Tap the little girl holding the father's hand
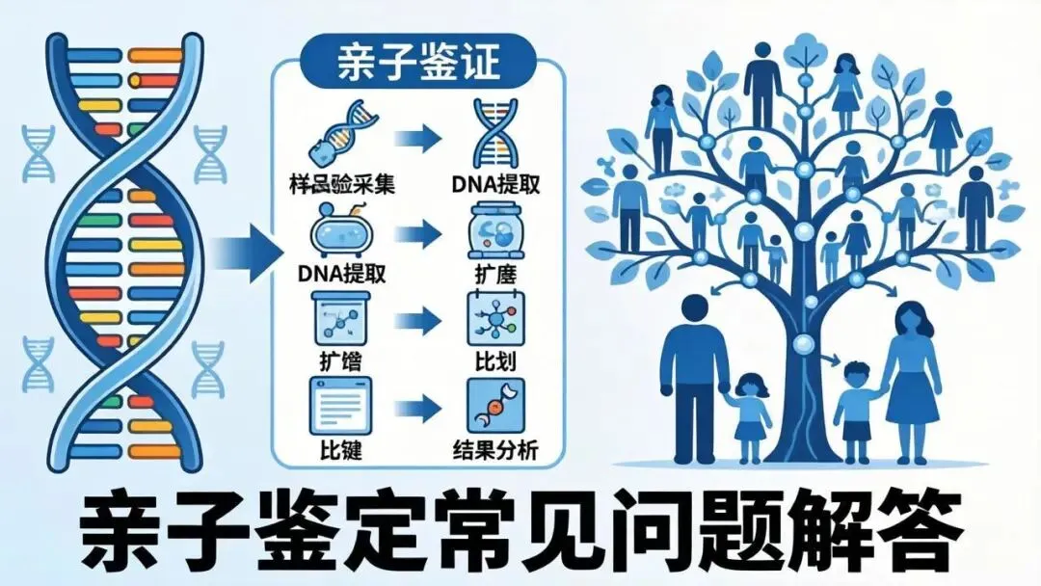pos(750,410)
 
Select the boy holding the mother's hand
pos(855,405)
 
